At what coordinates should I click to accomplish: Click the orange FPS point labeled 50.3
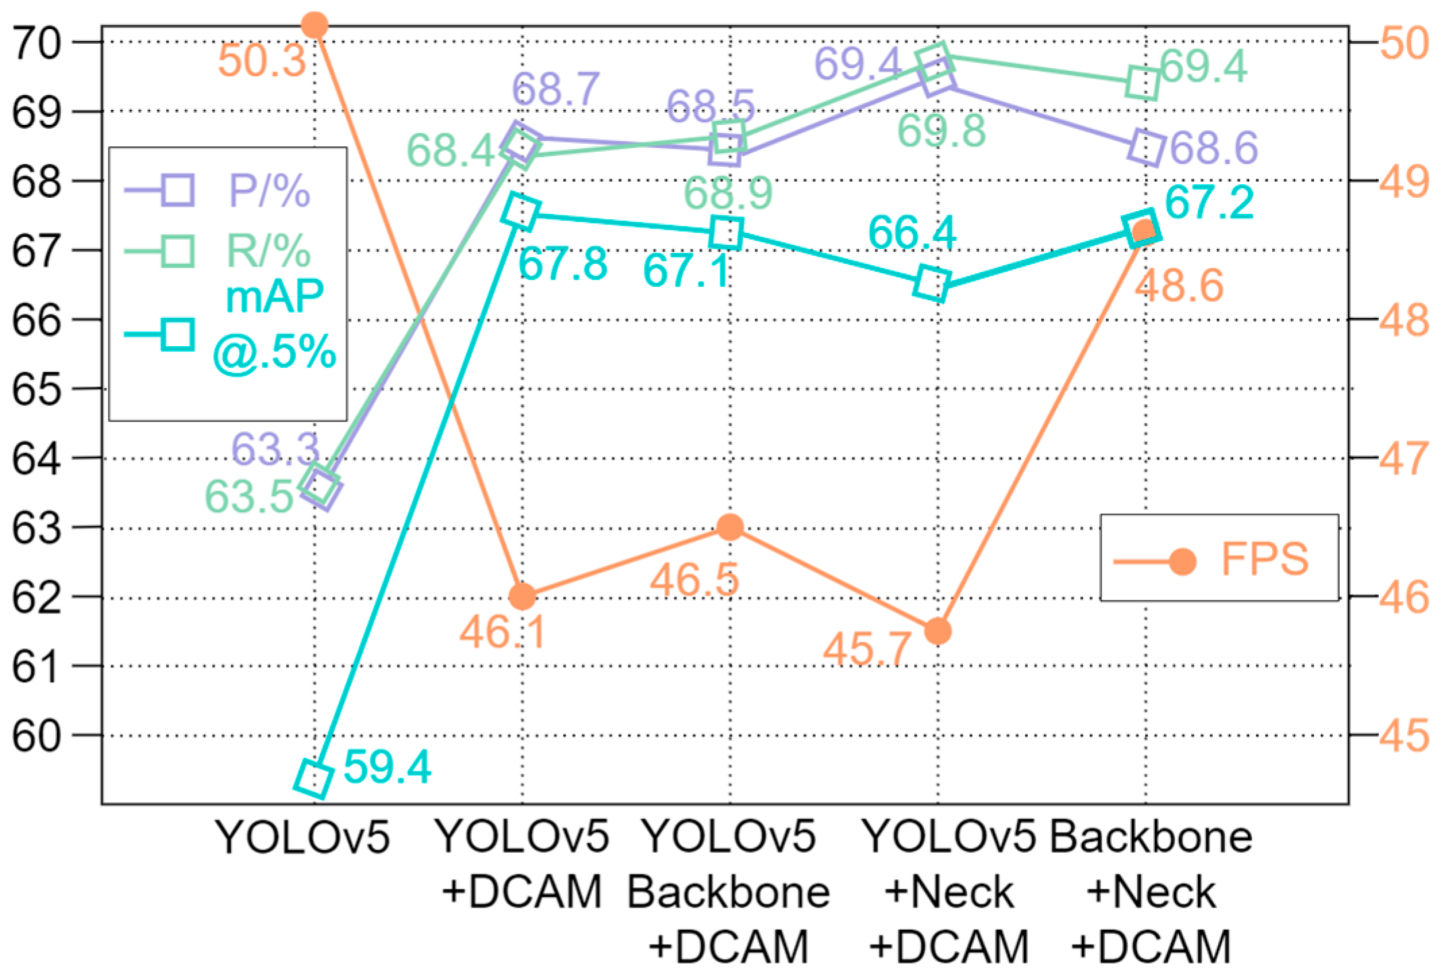coord(314,26)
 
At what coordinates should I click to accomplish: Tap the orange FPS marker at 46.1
coord(522,596)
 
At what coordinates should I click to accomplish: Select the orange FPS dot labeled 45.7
coord(937,632)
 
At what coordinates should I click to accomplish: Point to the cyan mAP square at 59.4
coord(314,779)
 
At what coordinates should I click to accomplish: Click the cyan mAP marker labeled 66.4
coord(932,283)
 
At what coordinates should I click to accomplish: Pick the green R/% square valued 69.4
coord(1143,83)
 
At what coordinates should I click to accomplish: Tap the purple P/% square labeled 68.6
coord(1146,147)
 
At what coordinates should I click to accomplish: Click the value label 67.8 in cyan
coord(562,264)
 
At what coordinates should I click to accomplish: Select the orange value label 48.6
coord(1178,285)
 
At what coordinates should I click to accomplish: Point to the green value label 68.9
coord(728,193)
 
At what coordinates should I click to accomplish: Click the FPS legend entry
coord(1219,559)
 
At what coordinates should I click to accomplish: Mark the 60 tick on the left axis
coord(36,735)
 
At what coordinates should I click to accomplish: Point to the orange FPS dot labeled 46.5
coord(730,527)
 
